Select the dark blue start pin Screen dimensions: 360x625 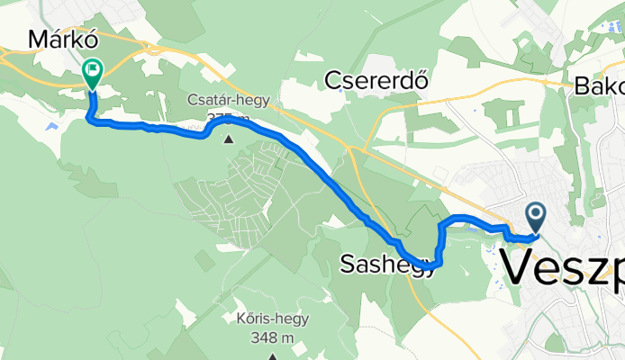[x=535, y=217]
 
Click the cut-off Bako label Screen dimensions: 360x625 [x=600, y=87]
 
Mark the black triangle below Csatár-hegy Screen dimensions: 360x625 [x=228, y=139]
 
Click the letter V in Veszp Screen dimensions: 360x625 [x=519, y=267]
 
